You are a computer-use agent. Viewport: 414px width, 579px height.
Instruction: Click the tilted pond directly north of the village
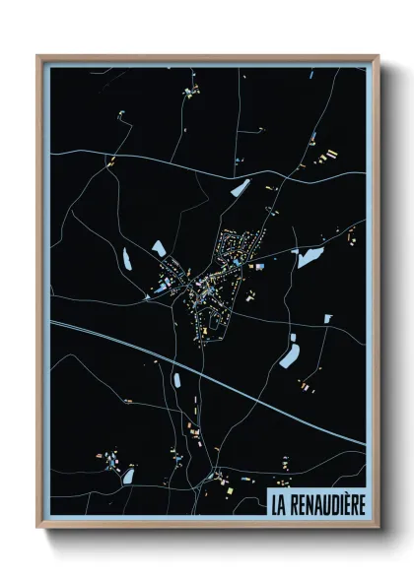pos(240,186)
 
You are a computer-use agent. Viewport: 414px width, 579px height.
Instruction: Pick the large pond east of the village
pos(309,258)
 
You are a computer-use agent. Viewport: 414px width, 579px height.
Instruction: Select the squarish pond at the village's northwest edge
pos(159,248)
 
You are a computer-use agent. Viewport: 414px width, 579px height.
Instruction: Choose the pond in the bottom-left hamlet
pos(128,477)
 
